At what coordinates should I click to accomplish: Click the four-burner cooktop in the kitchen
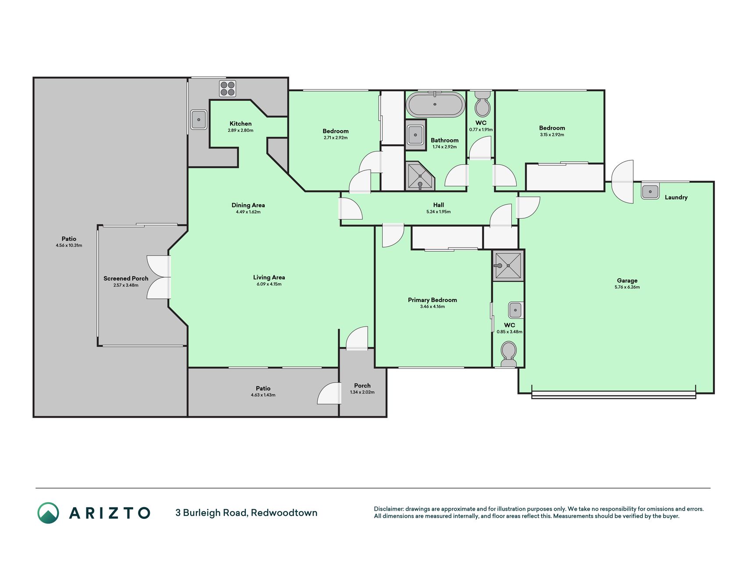click(x=227, y=89)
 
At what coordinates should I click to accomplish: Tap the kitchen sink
click(x=199, y=119)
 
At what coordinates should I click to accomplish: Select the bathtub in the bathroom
click(x=435, y=104)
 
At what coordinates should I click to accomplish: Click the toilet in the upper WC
click(x=482, y=103)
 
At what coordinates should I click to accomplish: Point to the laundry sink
click(x=650, y=192)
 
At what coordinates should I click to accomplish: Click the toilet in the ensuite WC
click(x=508, y=355)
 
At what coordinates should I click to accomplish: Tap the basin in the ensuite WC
click(x=515, y=310)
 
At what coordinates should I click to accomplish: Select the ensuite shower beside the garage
click(x=508, y=265)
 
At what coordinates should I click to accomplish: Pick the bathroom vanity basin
click(x=415, y=135)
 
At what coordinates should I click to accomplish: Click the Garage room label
click(x=627, y=280)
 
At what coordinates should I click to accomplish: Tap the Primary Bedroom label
click(x=432, y=300)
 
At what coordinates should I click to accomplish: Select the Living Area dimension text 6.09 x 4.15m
click(x=269, y=284)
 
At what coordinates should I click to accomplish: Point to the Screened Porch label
click(x=126, y=278)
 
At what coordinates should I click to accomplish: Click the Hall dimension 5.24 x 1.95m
click(x=438, y=212)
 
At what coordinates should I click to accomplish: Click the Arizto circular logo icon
click(x=48, y=513)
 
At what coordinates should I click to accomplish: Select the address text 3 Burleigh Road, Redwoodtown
click(x=246, y=513)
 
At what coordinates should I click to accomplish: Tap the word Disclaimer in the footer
click(x=388, y=509)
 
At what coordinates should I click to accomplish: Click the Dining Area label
click(x=248, y=205)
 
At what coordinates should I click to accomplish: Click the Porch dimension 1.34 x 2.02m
click(x=362, y=392)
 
